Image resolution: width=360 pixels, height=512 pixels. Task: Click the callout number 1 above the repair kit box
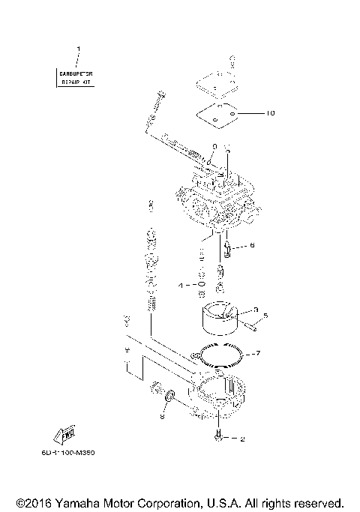click(78, 49)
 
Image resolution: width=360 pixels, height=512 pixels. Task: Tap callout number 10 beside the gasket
click(271, 114)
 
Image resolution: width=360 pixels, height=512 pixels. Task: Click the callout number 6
click(252, 244)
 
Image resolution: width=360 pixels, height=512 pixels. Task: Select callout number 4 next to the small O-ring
click(180, 286)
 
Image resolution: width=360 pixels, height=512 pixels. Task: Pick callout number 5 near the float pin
click(265, 315)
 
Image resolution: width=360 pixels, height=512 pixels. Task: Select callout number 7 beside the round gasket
click(257, 352)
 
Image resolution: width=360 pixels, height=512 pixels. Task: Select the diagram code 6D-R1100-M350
click(79, 453)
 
